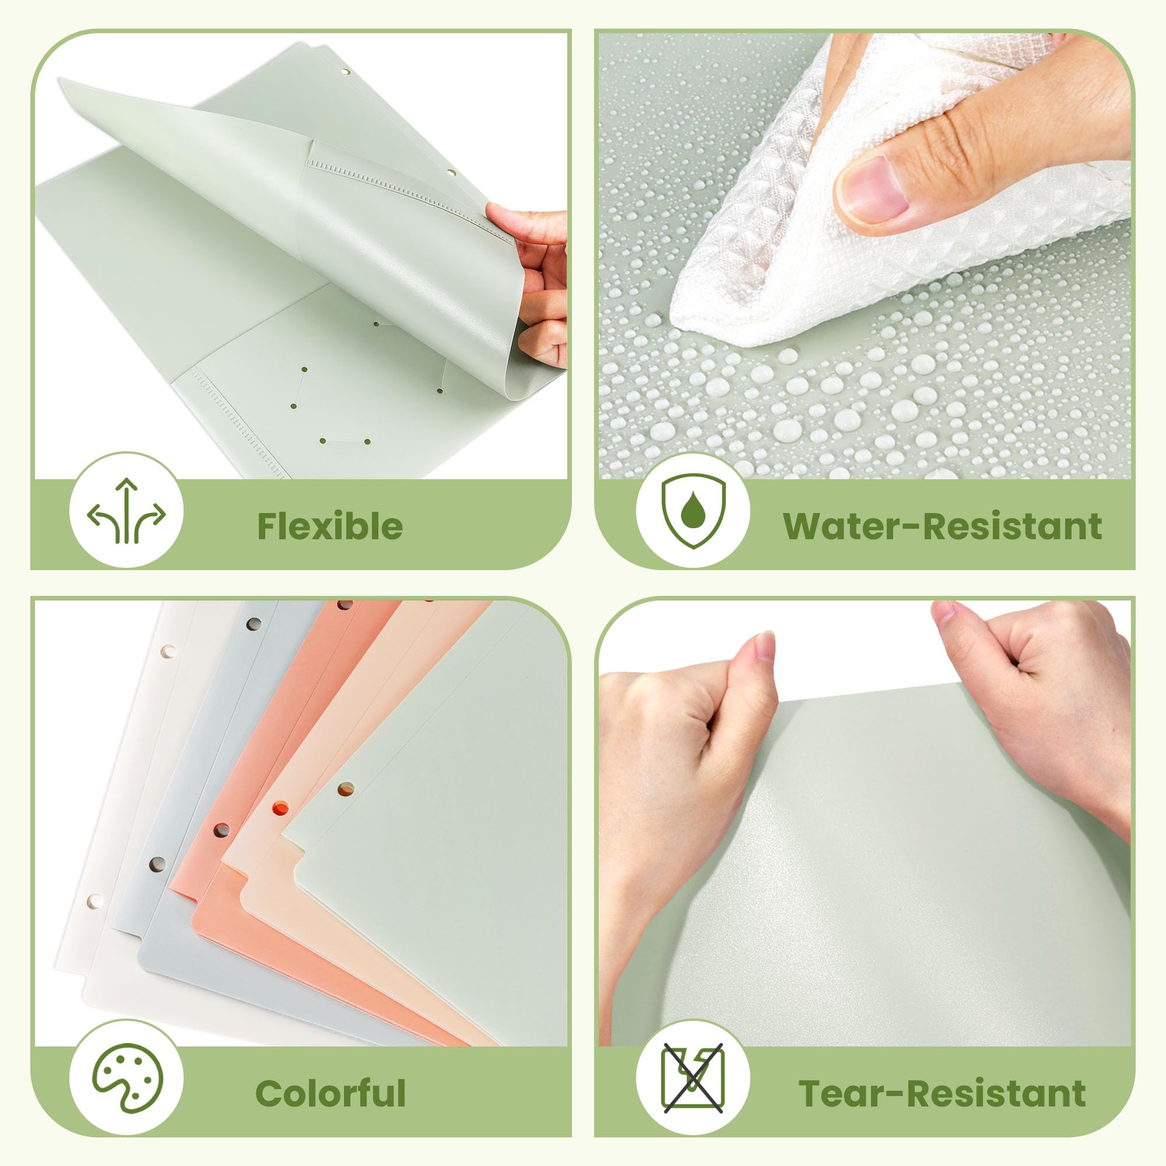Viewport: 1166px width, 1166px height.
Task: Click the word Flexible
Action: pos(330,526)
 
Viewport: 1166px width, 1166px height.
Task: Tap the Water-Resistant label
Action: pos(942,526)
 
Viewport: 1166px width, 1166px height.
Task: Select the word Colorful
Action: pos(330,1093)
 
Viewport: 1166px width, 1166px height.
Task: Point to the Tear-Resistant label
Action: pos(942,1093)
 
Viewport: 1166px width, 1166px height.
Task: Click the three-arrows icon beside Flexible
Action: pos(126,511)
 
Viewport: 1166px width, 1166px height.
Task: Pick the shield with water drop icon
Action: pos(693,511)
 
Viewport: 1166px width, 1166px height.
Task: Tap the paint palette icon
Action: pos(127,1078)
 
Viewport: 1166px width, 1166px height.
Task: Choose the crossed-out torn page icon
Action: pos(693,1078)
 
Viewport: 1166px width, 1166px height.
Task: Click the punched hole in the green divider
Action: pos(346,789)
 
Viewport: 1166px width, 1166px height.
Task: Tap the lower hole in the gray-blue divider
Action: pos(157,864)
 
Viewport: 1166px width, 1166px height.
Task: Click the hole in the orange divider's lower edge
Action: pos(222,830)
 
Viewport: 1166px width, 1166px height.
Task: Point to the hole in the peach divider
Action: pos(280,808)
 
